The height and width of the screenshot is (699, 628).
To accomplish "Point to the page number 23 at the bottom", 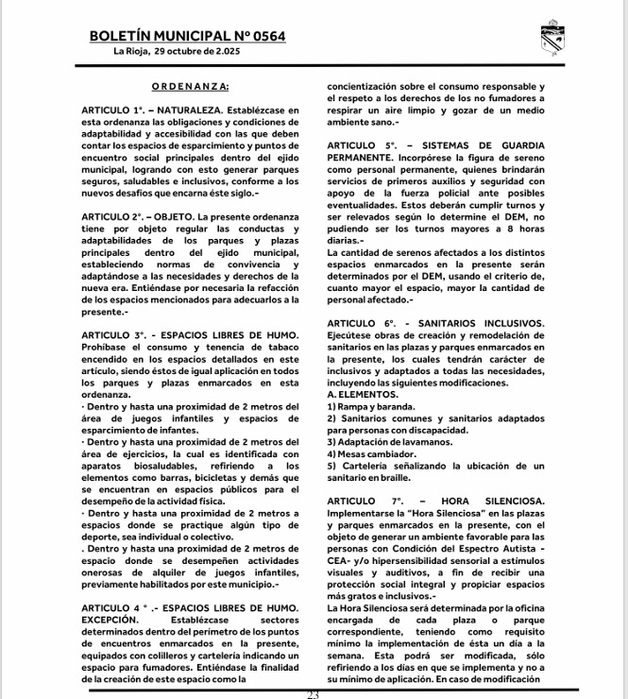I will [314, 694].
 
